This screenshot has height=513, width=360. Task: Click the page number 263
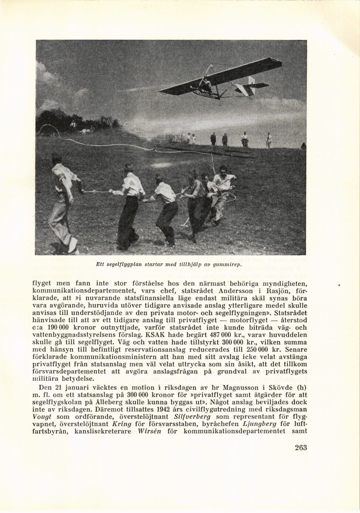(301, 448)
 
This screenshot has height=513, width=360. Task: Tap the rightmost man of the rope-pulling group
(224, 192)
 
